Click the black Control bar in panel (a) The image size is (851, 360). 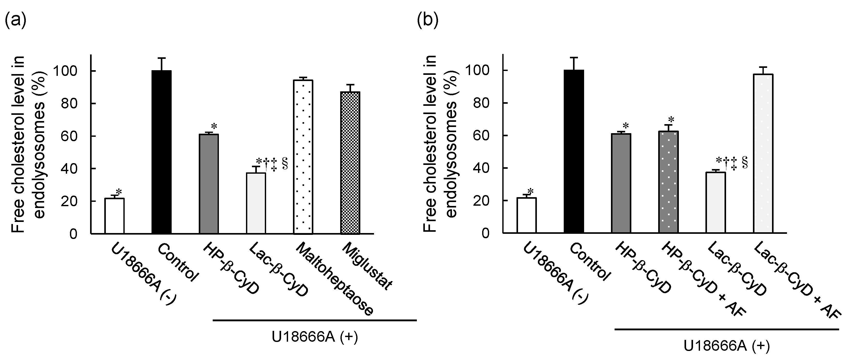click(x=162, y=152)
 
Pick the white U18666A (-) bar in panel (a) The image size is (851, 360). click(x=114, y=216)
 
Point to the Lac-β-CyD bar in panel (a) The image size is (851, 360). click(x=256, y=203)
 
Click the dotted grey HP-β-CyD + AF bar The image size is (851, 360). click(x=668, y=182)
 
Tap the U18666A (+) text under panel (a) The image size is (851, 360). click(x=315, y=337)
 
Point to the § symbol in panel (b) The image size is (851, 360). click(x=745, y=163)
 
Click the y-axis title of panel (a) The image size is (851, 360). click(x=29, y=144)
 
